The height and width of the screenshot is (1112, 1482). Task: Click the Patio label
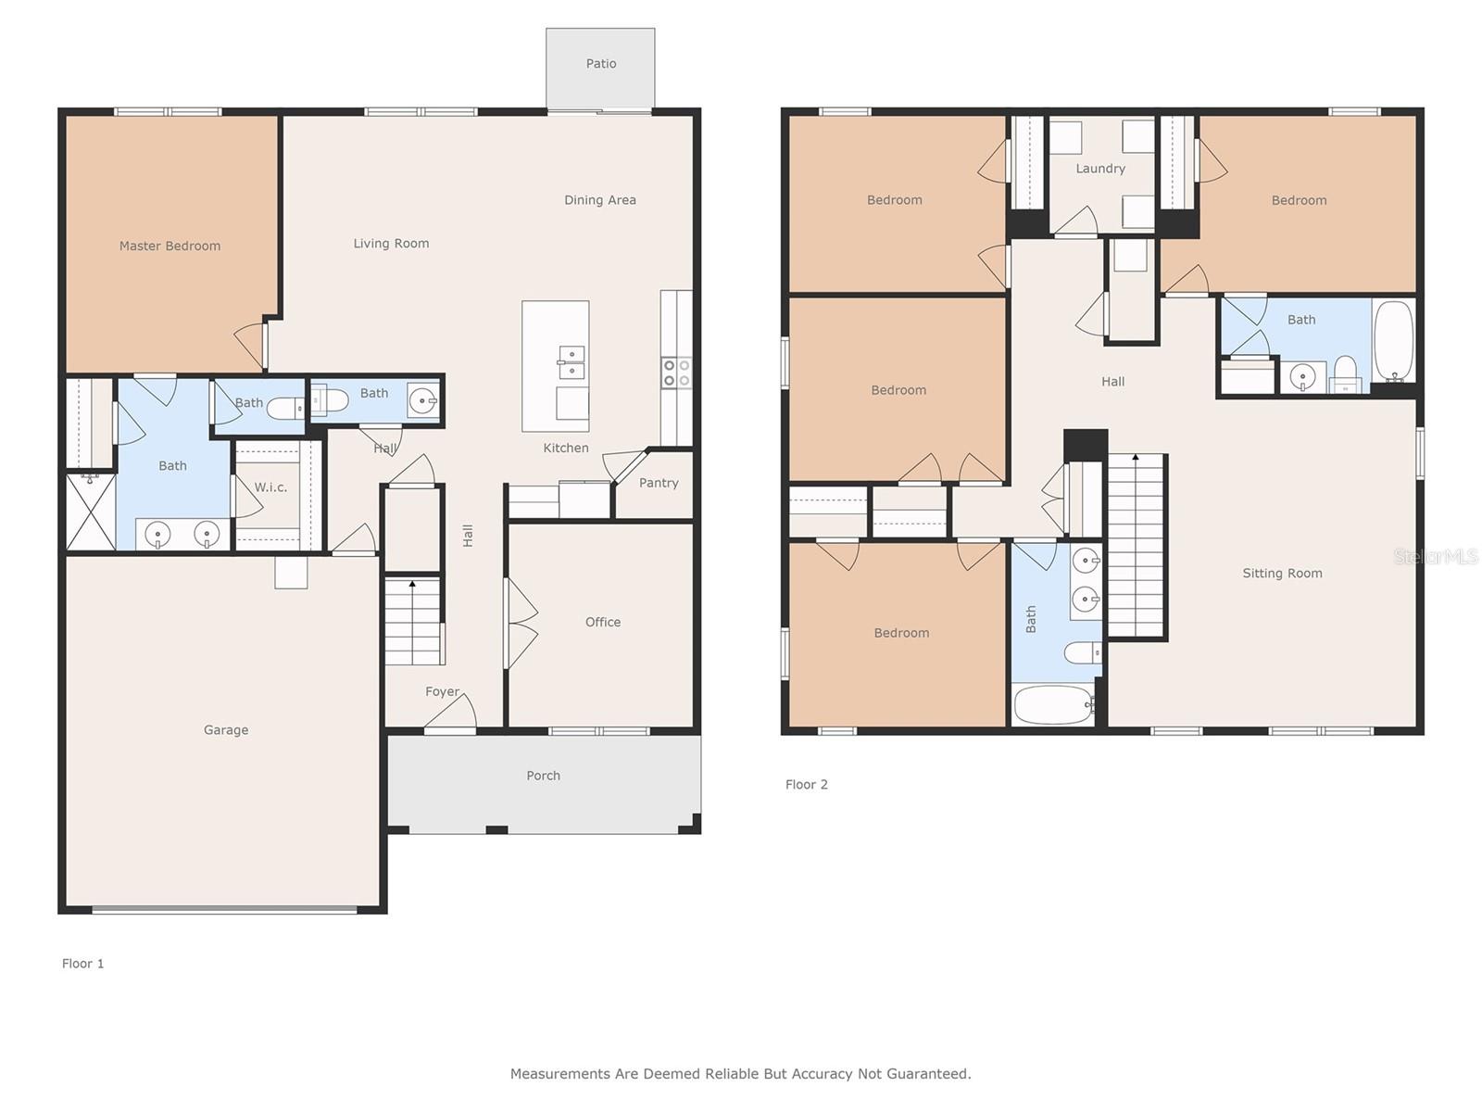tap(600, 63)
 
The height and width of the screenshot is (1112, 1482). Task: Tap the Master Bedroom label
tap(170, 246)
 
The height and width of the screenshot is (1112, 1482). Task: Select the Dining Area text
tap(599, 200)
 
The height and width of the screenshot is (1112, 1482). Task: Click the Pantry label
tap(659, 483)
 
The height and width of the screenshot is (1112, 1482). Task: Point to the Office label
tap(602, 622)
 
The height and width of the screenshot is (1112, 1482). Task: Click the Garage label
tap(225, 730)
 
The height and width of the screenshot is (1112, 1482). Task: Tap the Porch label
tap(543, 776)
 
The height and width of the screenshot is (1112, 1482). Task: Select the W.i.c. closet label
tap(270, 486)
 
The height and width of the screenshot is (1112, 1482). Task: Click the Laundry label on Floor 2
tap(1099, 169)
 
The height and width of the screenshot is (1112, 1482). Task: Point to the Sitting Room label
tap(1282, 574)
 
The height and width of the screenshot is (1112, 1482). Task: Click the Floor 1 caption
tap(83, 964)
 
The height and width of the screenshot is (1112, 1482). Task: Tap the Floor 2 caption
tap(806, 785)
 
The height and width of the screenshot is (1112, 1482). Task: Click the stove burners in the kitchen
tap(676, 373)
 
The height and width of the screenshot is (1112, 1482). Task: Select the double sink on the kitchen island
tap(571, 363)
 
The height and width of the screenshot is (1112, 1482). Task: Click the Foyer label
tap(442, 691)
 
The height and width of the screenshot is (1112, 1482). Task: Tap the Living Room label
tap(391, 243)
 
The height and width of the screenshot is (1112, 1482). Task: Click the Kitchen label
tap(566, 448)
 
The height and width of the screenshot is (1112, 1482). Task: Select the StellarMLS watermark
tap(1436, 556)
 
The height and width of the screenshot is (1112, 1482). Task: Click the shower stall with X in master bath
tap(91, 512)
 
